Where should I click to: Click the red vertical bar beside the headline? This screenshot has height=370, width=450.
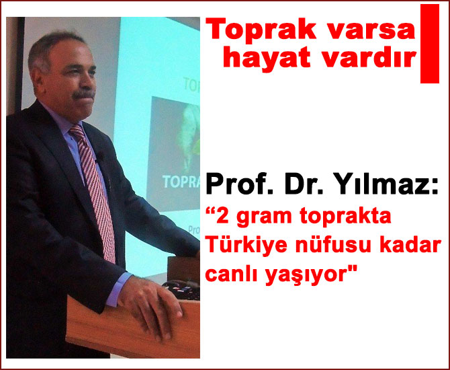tap(429, 43)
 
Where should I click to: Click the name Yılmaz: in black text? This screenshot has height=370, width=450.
tap(390, 183)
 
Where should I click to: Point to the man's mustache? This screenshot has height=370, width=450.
tap(83, 94)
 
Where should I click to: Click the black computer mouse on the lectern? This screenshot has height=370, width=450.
tap(181, 291)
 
